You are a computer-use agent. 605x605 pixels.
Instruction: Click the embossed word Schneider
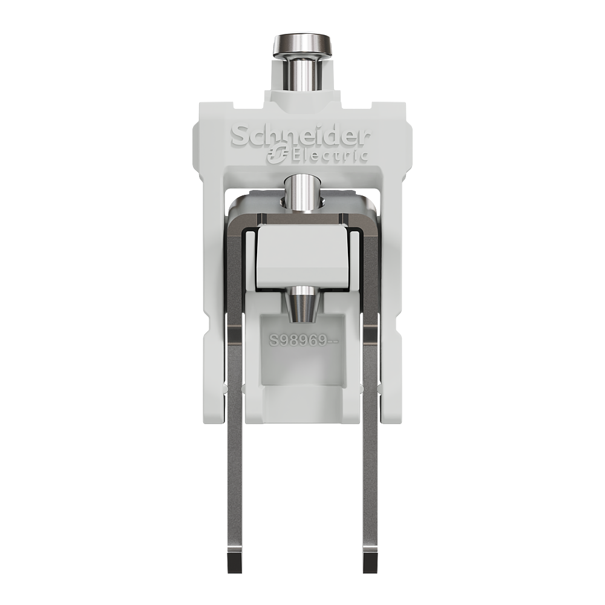point(301,136)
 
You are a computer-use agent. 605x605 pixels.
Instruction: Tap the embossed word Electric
point(330,155)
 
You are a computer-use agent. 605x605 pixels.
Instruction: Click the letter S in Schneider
point(238,136)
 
